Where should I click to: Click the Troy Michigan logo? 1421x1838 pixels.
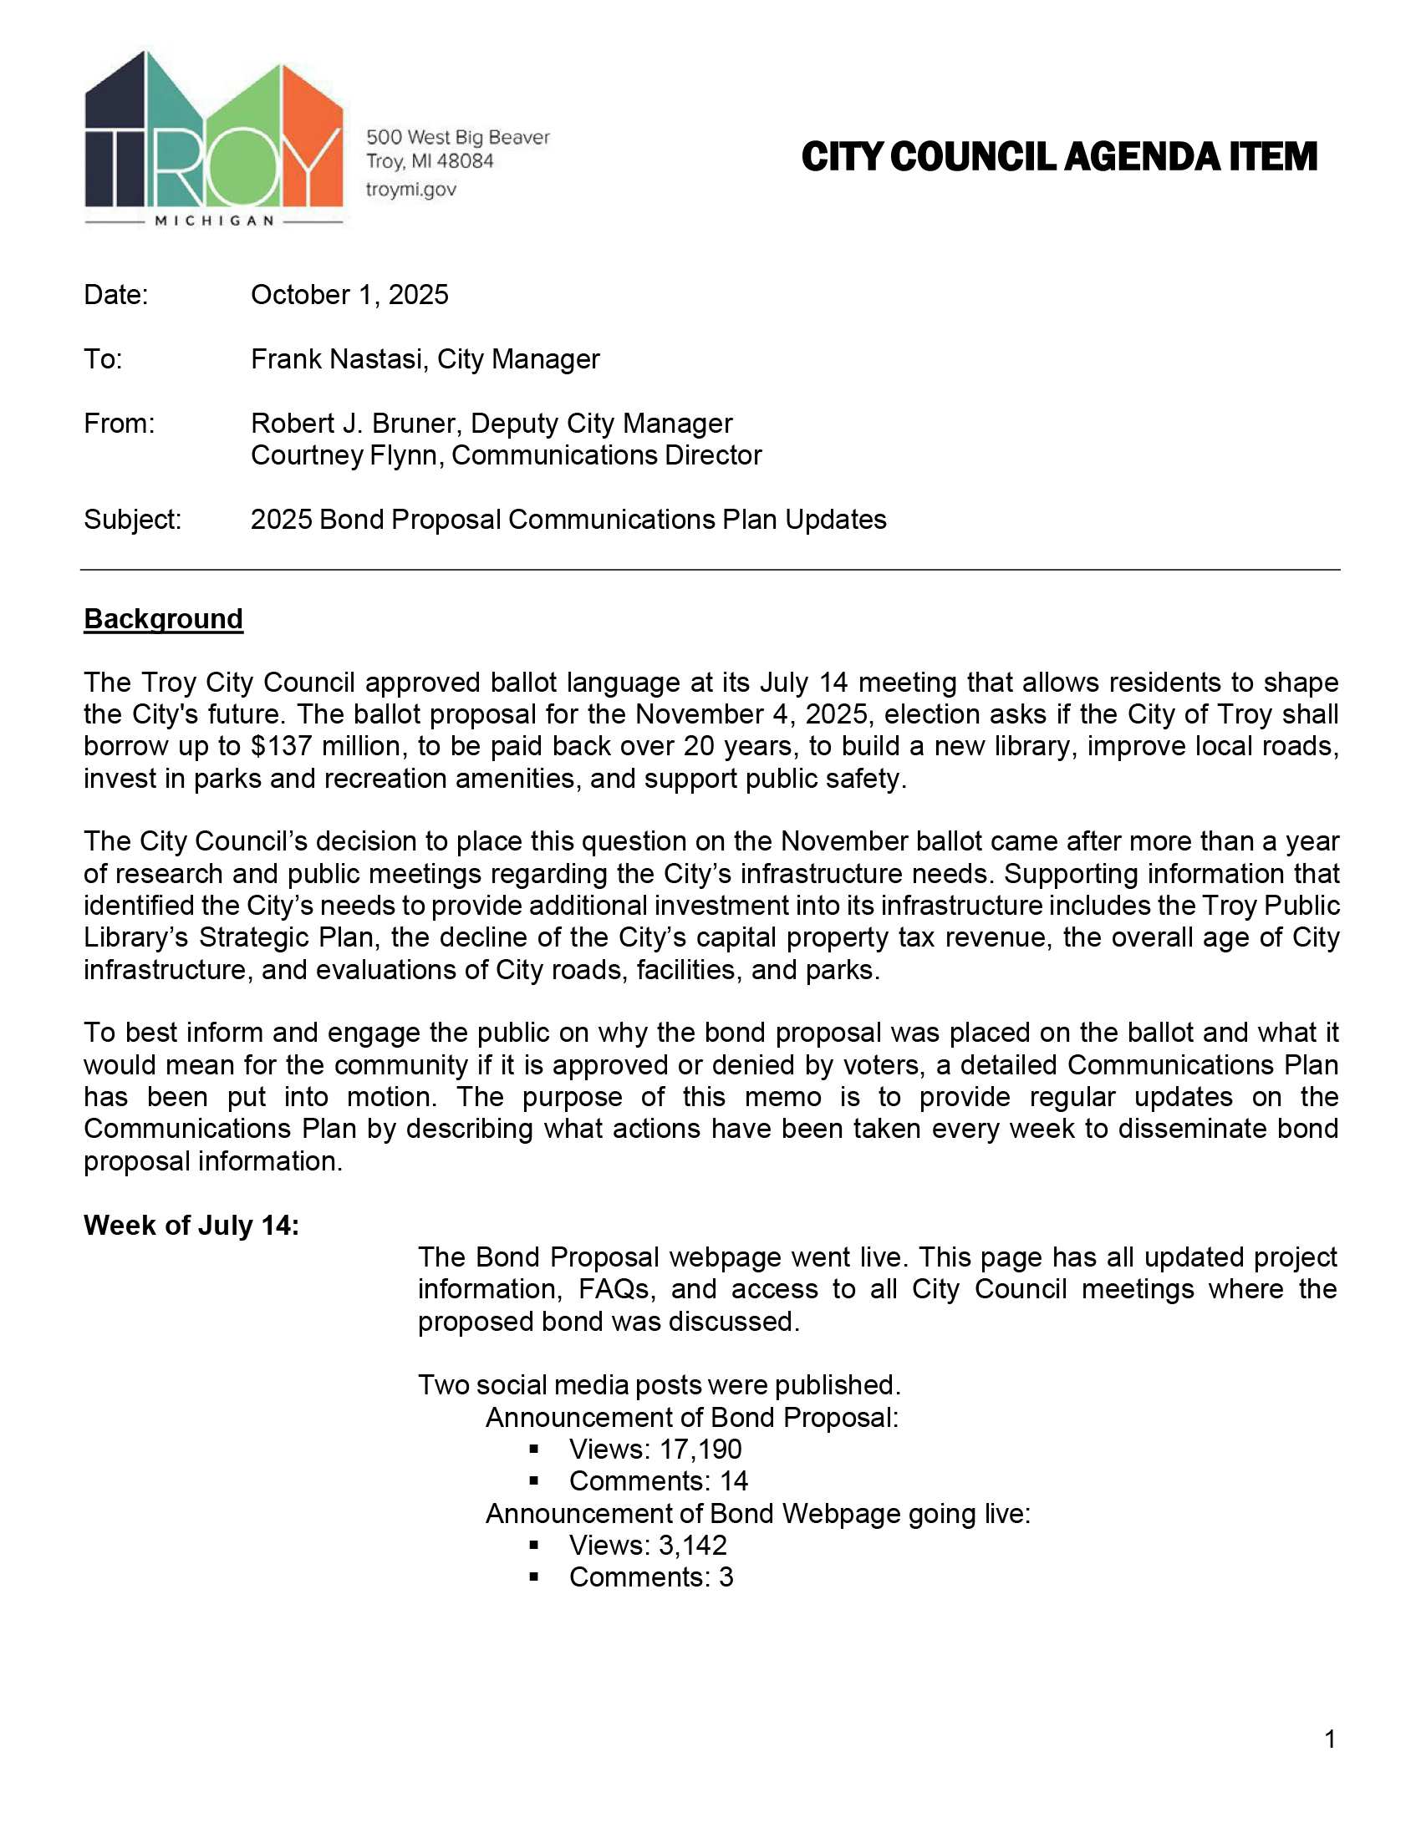click(x=214, y=139)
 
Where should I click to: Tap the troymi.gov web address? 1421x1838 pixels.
click(x=410, y=190)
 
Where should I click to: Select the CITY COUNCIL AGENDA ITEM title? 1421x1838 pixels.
click(x=1058, y=157)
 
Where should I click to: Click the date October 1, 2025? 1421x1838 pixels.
click(x=349, y=295)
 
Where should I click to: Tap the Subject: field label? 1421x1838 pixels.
click(x=132, y=520)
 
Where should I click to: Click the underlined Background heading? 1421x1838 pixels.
click(x=163, y=618)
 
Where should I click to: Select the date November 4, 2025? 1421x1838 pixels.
click(x=754, y=714)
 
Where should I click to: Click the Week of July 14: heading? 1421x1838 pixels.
click(x=191, y=1226)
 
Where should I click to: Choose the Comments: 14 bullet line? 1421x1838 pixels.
click(x=659, y=1481)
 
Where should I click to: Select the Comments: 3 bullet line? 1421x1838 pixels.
click(x=650, y=1577)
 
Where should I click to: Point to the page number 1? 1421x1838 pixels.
click(x=1330, y=1739)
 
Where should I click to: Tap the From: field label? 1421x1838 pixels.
click(x=119, y=424)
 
